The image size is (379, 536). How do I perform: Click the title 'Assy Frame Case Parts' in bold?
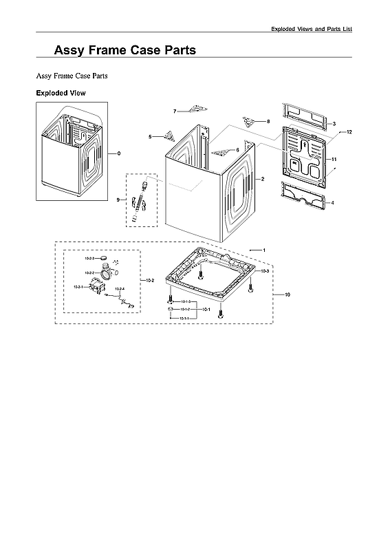(x=124, y=50)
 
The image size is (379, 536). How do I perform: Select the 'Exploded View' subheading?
(x=61, y=93)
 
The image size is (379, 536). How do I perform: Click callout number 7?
(x=175, y=111)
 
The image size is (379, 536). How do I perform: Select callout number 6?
(x=237, y=149)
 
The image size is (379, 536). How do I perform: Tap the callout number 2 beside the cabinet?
(x=262, y=179)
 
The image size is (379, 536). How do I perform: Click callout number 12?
(x=349, y=131)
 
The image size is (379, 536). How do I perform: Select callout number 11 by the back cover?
(x=334, y=159)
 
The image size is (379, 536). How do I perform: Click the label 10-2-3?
(x=89, y=258)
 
